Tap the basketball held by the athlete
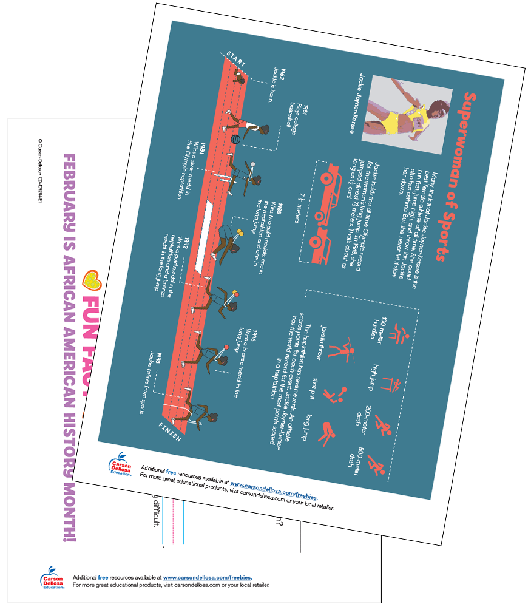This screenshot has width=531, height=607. coord(234,139)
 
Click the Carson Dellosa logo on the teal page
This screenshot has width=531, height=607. coord(120,466)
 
